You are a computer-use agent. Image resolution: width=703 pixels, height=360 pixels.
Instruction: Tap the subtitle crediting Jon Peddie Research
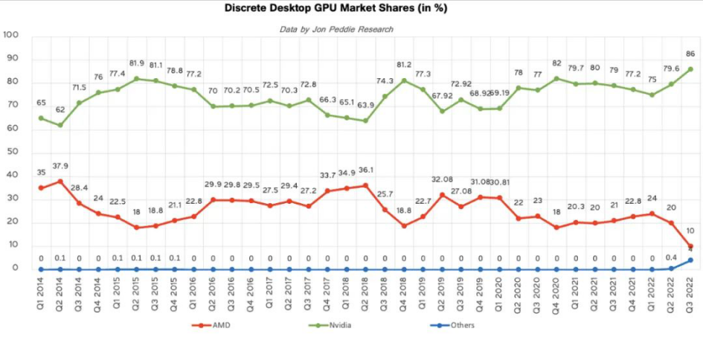[336, 29]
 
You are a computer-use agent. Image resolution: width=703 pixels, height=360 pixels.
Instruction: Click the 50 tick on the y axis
[13, 152]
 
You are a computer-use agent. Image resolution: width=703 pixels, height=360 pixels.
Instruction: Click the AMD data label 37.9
[62, 166]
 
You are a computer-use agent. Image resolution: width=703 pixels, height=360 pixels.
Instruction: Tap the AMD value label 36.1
[365, 170]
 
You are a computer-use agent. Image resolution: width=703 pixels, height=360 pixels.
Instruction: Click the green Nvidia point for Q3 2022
[690, 69]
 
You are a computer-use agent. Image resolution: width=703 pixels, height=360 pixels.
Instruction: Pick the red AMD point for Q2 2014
[60, 181]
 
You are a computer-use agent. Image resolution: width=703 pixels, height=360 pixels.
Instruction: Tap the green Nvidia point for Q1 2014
[41, 118]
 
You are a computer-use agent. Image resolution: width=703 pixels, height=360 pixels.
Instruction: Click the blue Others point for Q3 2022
[690, 260]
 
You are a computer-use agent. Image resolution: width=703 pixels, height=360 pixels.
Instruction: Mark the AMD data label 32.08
[443, 179]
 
